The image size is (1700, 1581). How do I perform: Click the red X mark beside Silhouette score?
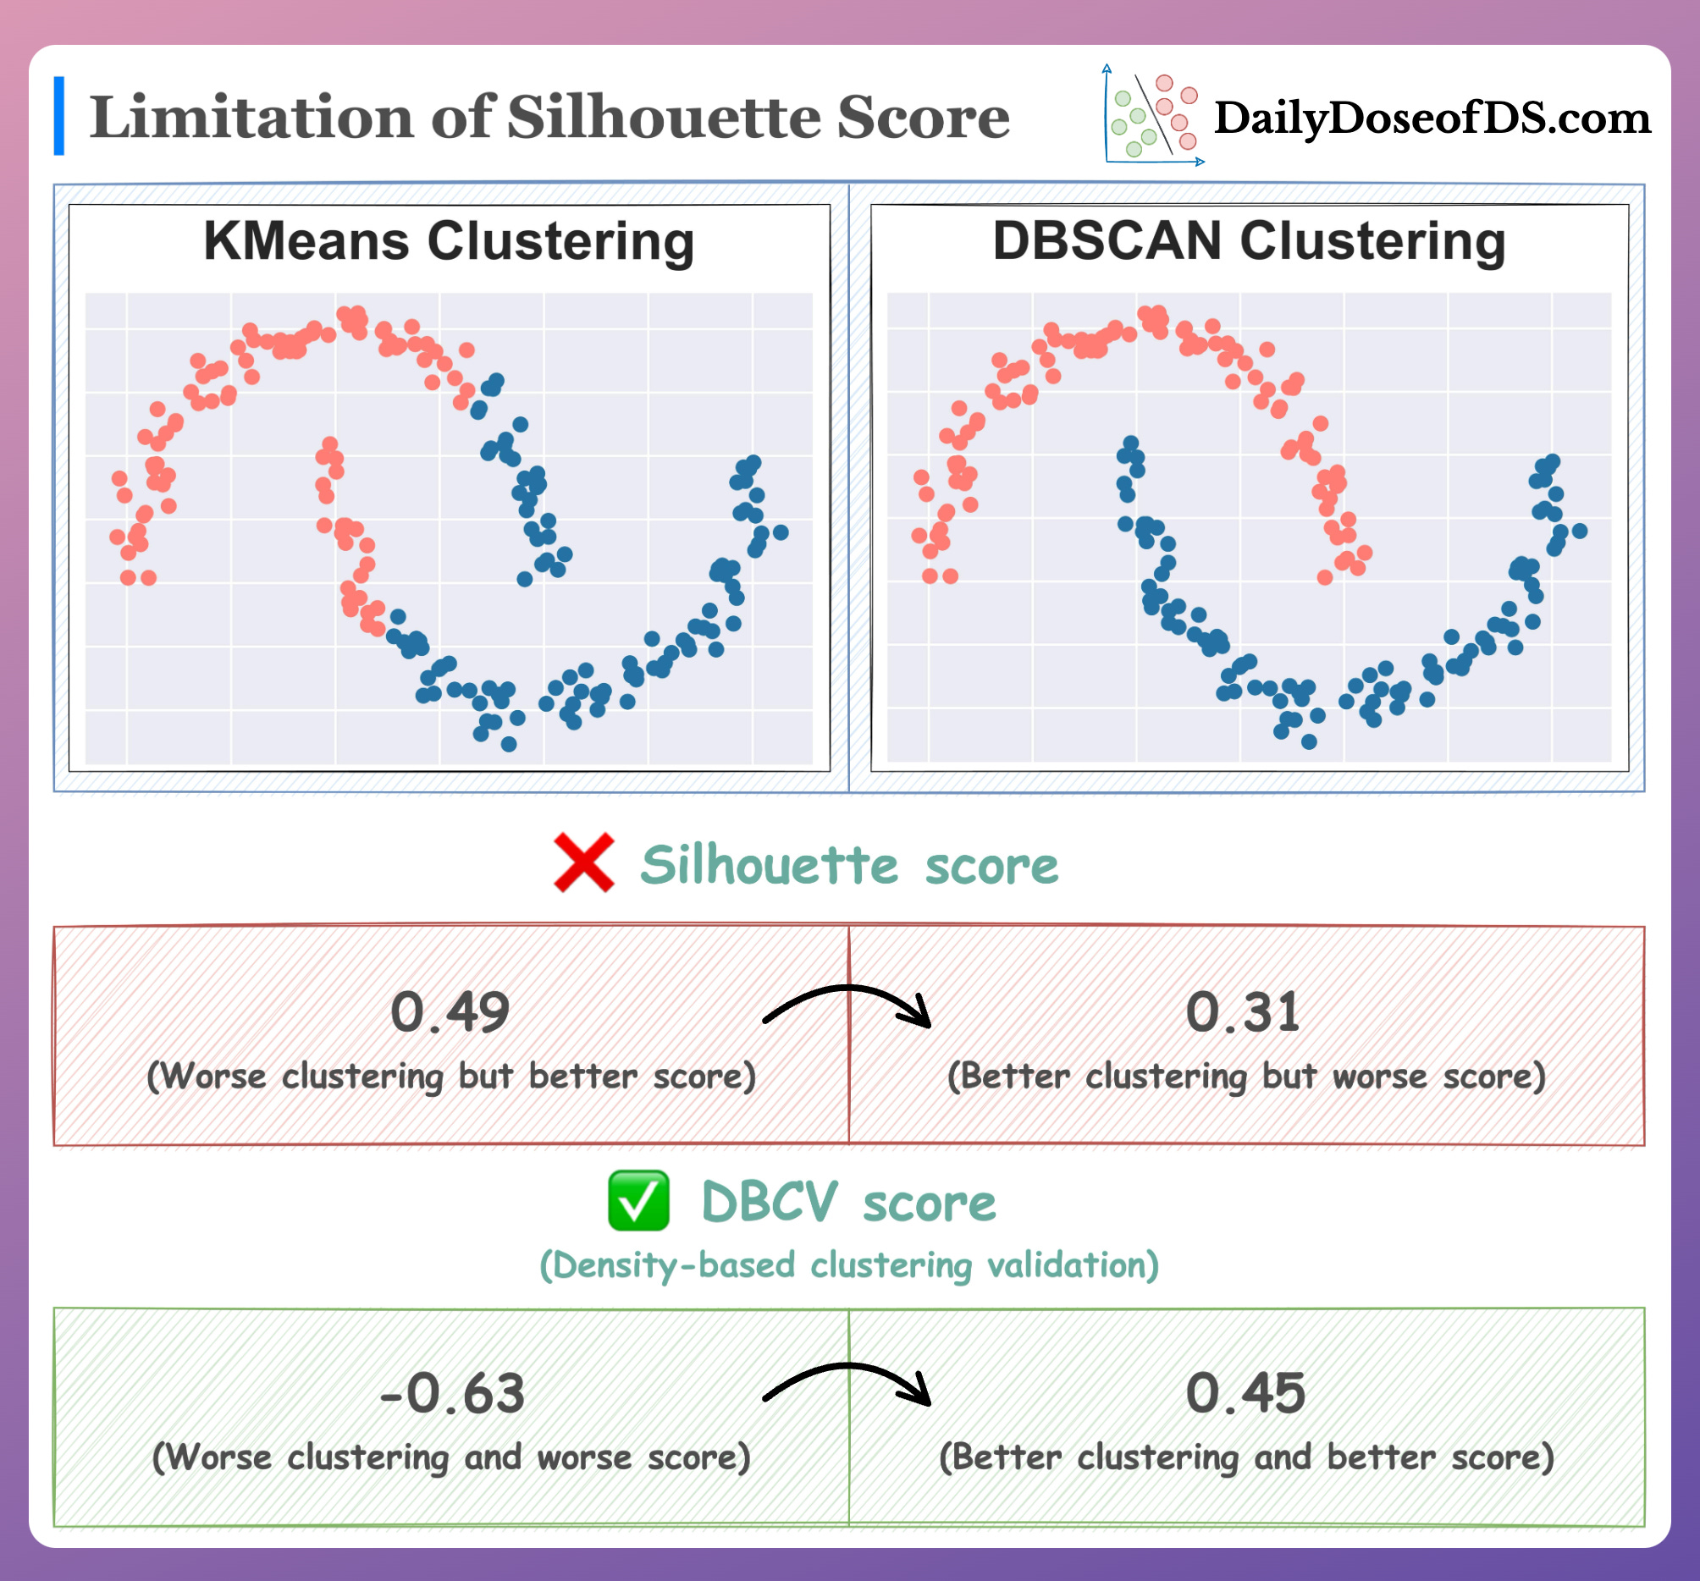coord(584,862)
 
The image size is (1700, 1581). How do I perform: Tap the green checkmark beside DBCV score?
coord(638,1200)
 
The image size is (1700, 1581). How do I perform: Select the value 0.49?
coord(450,1012)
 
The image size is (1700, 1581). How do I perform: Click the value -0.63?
coord(451,1394)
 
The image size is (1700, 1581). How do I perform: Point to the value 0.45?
coord(1245,1394)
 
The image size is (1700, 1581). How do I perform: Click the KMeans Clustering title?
coord(449,241)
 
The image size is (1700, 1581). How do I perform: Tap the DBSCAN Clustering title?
coord(1249,241)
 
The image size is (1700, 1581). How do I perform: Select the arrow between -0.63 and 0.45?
coord(847,1382)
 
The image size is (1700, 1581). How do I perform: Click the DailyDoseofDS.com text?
coord(1432,118)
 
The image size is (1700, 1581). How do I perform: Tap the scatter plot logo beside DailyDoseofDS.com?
coord(1153,115)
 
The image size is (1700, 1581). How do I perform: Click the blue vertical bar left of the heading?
coord(59,116)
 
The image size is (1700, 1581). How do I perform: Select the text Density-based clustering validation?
coord(849,1264)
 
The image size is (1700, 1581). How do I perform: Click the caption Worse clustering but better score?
coord(451,1076)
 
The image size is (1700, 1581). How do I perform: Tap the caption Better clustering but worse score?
coord(1247,1076)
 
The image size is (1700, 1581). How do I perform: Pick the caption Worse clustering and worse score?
coord(451,1457)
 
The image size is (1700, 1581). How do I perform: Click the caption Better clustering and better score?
coord(1247,1457)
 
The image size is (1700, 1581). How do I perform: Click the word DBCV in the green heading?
coord(769,1202)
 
